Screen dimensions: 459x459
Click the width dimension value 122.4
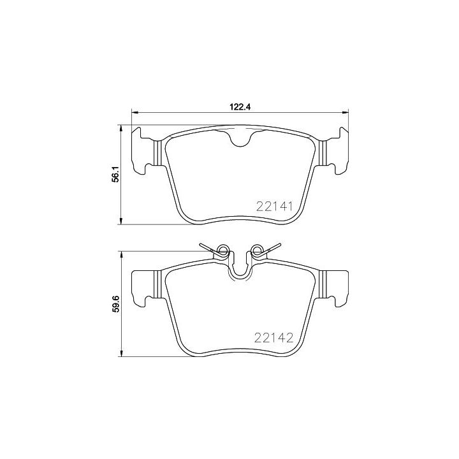240,107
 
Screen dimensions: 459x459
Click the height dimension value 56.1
115,175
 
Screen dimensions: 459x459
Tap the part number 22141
274,207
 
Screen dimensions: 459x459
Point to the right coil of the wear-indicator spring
257,250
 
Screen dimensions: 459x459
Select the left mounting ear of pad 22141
143,150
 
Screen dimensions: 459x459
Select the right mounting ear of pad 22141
336,150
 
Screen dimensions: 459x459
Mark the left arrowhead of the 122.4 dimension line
134,113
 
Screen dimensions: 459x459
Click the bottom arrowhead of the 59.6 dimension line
121,354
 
